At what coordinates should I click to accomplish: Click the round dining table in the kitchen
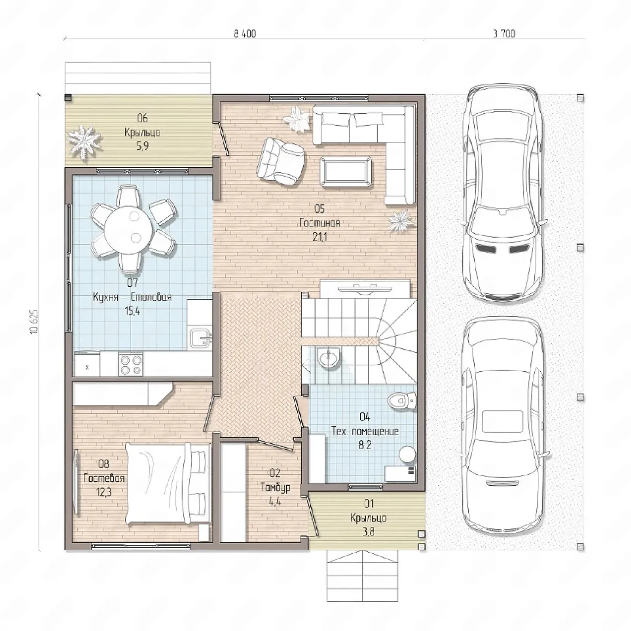point(129,230)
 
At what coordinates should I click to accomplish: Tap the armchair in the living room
point(282,161)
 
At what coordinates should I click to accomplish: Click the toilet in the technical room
point(402,399)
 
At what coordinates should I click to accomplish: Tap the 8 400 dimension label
point(245,34)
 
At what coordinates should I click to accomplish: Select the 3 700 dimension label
point(504,34)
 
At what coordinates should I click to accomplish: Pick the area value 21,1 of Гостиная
point(319,237)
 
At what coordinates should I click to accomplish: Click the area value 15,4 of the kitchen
point(132,311)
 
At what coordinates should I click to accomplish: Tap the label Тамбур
point(275,488)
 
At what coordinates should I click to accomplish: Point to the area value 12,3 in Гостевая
point(104,492)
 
